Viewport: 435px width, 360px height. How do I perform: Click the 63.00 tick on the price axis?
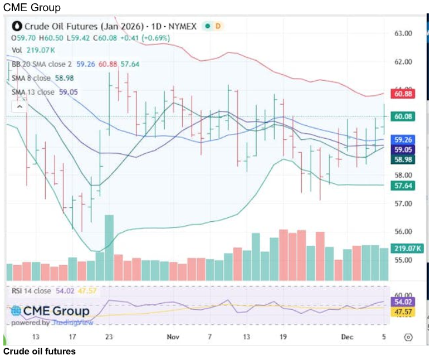click(x=403, y=33)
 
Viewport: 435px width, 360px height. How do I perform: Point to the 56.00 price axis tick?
click(x=403, y=232)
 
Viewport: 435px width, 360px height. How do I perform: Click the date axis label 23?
click(x=109, y=337)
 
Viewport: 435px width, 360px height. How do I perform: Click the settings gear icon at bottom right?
click(x=408, y=337)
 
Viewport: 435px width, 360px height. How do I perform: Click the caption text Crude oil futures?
click(x=39, y=352)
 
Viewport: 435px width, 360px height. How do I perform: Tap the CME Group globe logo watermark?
click(x=17, y=311)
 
